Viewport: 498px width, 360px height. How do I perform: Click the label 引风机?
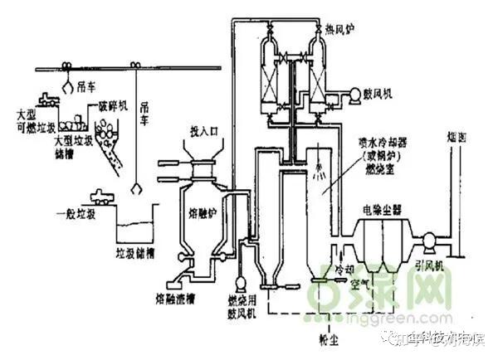431,267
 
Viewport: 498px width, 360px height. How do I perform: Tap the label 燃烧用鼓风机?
245,303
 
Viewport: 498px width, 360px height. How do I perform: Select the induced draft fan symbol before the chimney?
430,241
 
